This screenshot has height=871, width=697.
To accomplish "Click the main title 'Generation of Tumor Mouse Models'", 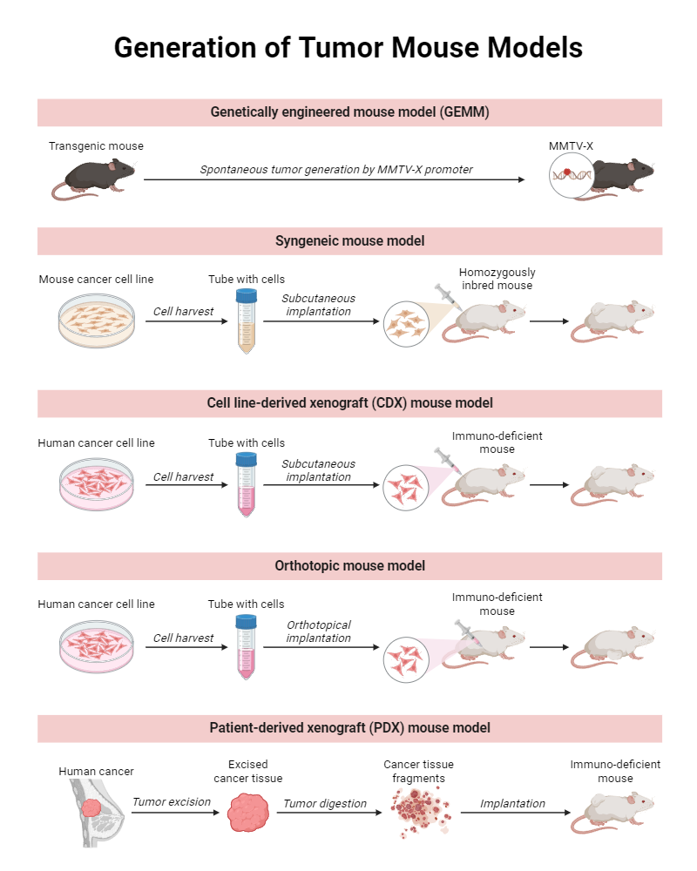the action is tap(348, 47).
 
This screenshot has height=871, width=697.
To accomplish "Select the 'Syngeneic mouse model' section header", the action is tap(349, 241).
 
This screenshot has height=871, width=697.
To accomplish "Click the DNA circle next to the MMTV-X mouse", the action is tap(571, 176).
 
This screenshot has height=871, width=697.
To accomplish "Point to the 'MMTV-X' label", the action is tap(571, 146).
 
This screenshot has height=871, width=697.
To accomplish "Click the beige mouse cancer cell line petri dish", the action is tap(97, 321).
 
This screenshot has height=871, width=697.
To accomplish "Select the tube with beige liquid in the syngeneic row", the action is tap(247, 321).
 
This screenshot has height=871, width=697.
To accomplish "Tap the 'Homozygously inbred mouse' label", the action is tap(497, 279).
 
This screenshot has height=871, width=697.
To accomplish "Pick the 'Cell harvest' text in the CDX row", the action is tap(183, 477).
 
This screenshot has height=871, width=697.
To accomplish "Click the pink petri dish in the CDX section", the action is tap(97, 483).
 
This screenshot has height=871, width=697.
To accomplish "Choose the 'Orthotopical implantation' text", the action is tap(319, 631).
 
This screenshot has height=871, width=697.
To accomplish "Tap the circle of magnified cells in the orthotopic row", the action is tap(406, 659).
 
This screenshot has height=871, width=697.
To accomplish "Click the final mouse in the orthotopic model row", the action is tap(612, 648).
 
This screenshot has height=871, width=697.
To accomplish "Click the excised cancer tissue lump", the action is tap(248, 812).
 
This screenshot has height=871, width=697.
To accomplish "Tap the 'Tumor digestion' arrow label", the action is tap(325, 804).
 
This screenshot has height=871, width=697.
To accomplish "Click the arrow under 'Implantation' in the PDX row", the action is tap(515, 813).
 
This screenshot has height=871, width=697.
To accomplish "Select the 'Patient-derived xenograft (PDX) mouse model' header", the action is tap(349, 728).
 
